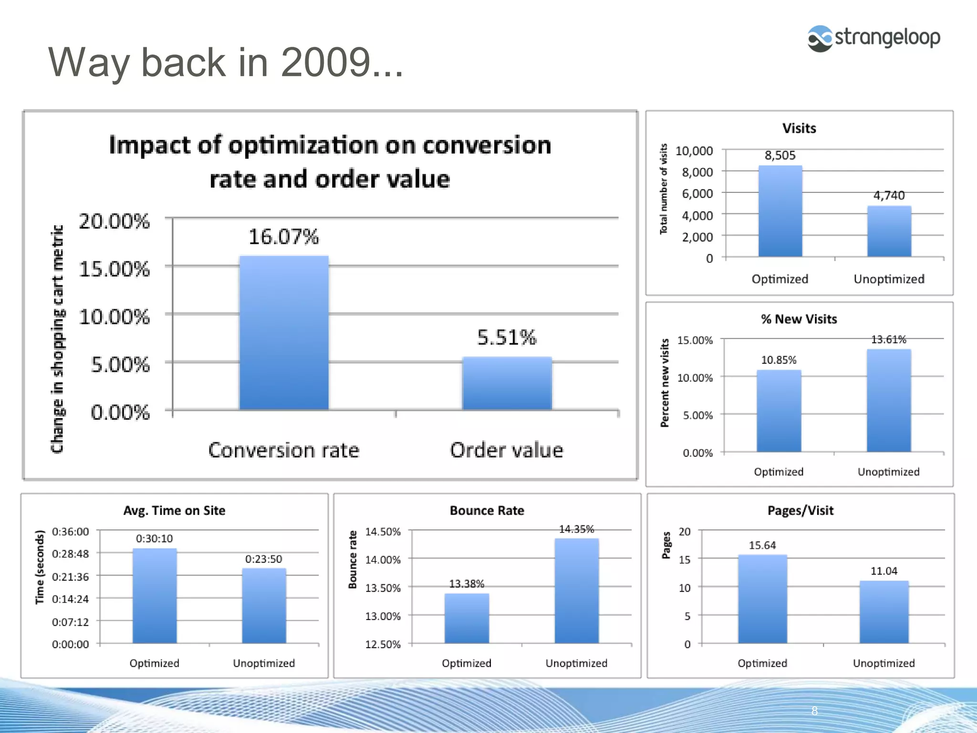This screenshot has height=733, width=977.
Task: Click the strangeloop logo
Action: pos(873,38)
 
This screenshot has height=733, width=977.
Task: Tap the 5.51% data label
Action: pos(507,337)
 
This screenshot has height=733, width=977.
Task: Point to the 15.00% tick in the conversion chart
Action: pos(114,269)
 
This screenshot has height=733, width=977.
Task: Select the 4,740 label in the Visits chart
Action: pos(889,195)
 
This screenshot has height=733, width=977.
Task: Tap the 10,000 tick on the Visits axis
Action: pos(694,151)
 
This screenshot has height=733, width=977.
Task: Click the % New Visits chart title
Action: pos(799,319)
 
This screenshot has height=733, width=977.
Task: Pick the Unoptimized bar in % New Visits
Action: pos(889,401)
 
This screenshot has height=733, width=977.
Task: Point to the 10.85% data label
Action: pos(779,360)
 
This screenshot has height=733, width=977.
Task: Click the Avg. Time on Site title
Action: pos(174,511)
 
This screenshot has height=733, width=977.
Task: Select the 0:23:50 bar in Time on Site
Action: pos(264,606)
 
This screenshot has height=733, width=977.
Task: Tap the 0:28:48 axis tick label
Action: pos(71,554)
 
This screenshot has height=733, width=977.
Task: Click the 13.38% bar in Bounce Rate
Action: pos(467,618)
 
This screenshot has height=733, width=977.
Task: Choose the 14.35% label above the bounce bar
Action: pos(576,529)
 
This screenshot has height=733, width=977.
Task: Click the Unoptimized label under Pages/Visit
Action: pos(883,663)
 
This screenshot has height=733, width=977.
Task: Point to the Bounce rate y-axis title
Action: pos(353,559)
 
